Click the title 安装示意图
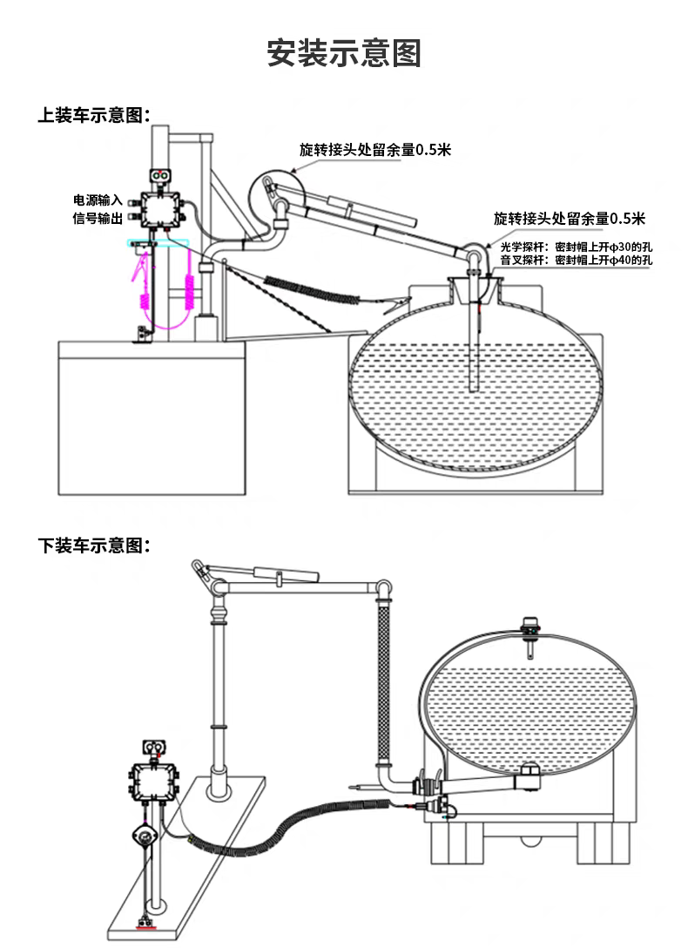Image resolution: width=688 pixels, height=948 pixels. pyautogui.click(x=344, y=52)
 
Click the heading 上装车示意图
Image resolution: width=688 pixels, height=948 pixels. pyautogui.click(x=94, y=115)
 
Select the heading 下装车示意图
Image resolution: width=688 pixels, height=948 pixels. pyautogui.click(x=94, y=545)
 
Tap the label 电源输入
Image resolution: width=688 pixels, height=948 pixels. pyautogui.click(x=98, y=200)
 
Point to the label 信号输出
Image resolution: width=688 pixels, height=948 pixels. pyautogui.click(x=98, y=218)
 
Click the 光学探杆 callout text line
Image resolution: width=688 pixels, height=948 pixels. pyautogui.click(x=577, y=247)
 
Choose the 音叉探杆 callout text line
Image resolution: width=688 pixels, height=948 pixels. pyautogui.click(x=577, y=260)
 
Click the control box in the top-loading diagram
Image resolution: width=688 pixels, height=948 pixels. pyautogui.click(x=160, y=209)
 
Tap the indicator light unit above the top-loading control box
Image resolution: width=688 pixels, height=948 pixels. pyautogui.click(x=160, y=175)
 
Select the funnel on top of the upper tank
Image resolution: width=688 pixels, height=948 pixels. pyautogui.click(x=476, y=290)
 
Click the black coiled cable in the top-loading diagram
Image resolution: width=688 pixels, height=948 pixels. pyautogui.click(x=313, y=288)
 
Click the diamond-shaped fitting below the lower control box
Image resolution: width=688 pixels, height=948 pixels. pyautogui.click(x=145, y=836)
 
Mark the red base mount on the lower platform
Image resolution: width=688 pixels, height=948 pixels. pyautogui.click(x=146, y=925)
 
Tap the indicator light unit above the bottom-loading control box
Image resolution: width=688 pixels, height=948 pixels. pyautogui.click(x=153, y=748)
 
